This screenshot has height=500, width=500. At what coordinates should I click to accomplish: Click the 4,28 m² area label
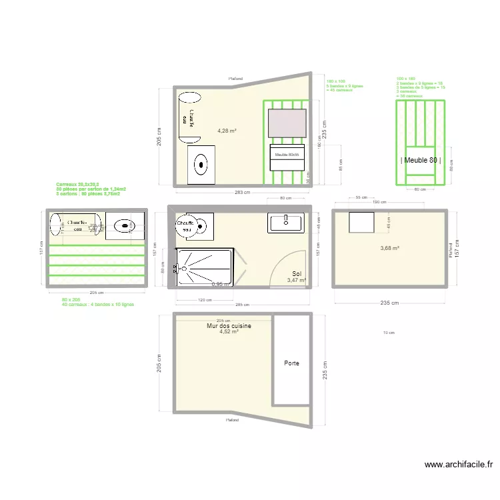pos(227,131)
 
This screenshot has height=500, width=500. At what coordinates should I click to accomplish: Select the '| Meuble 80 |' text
pos(420,160)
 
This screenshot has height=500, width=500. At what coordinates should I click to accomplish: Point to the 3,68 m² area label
pos(390,249)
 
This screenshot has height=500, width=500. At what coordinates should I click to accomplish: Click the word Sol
pos(297,273)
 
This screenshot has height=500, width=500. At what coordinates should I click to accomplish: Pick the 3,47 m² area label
pos(296,281)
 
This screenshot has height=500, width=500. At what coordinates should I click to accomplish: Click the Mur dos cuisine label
pos(229,326)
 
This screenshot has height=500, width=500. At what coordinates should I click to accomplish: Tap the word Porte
pos(291,363)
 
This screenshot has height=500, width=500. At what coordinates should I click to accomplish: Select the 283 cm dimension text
pos(242,193)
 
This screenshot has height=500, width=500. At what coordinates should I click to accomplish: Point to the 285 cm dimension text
pos(242,305)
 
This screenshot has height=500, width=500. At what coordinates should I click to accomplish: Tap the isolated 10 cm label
pos(387,333)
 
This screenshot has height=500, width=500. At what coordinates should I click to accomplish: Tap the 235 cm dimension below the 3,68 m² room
pos(390,303)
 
